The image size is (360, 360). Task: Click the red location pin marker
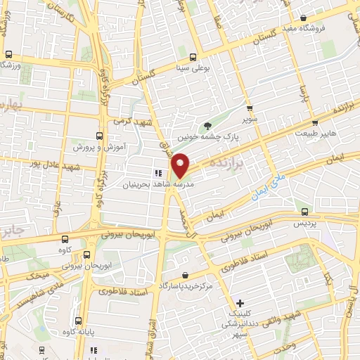181,165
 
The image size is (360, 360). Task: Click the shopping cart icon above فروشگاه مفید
303,18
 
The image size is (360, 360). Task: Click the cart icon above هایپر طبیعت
304,122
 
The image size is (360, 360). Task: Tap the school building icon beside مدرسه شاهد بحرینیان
158,172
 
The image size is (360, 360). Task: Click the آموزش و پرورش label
98,148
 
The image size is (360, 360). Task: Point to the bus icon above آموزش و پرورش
98,136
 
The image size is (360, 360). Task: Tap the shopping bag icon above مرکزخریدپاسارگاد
184,275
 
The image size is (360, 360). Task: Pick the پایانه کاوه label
78,332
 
